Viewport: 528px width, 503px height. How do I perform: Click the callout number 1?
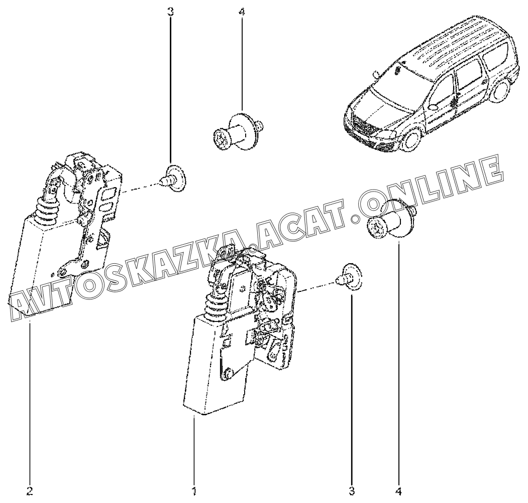pyautogui.click(x=194, y=491)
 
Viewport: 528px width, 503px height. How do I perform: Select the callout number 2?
pyautogui.click(x=30, y=491)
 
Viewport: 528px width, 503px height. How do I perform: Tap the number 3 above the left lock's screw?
pyautogui.click(x=170, y=12)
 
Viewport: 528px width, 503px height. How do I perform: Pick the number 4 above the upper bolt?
pyautogui.click(x=242, y=12)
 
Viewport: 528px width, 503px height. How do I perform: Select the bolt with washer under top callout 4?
pyautogui.click(x=239, y=130)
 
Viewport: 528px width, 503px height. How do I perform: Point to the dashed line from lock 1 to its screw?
pyautogui.click(x=316, y=284)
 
